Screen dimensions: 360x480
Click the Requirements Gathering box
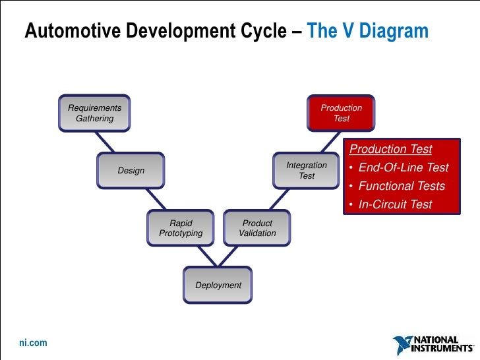(94, 113)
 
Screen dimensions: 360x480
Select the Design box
(131, 171)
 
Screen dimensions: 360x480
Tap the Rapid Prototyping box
(181, 228)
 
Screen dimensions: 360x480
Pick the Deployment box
(218, 285)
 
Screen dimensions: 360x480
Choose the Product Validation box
(257, 228)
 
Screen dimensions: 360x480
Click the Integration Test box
(307, 171)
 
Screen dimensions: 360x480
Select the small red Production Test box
(341, 113)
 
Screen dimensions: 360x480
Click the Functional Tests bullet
(402, 186)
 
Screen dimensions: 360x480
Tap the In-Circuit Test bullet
(395, 204)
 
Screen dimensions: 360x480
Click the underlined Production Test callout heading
(390, 149)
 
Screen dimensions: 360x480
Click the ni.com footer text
(32, 344)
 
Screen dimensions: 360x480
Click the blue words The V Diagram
(367, 31)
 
